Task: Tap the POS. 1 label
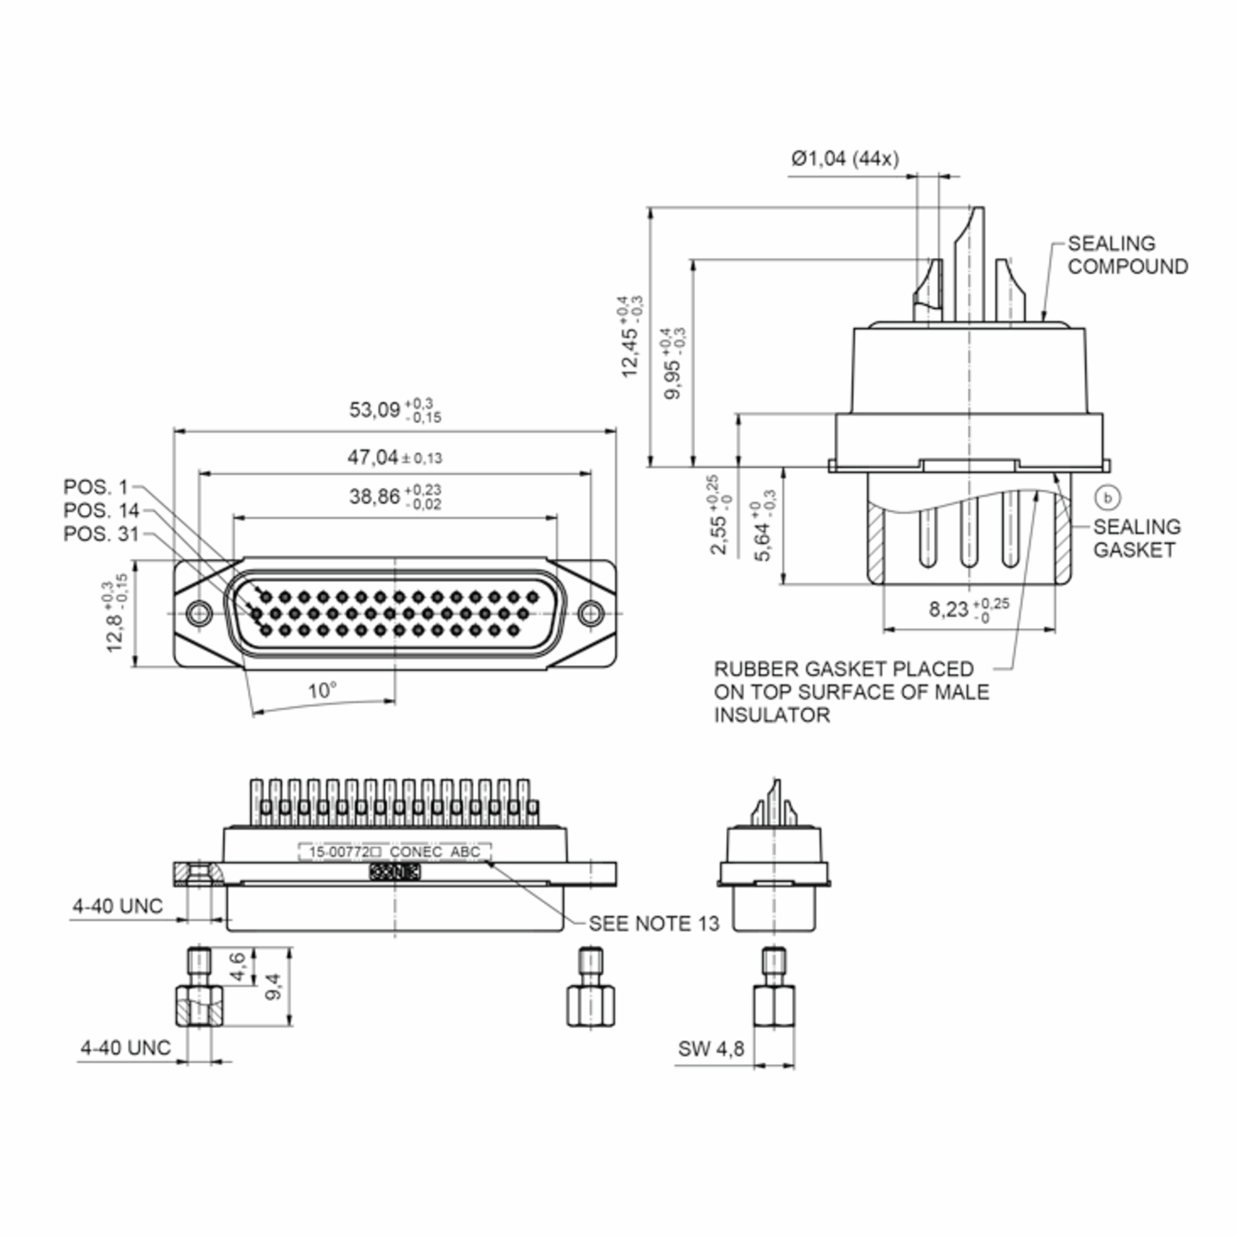coord(96,487)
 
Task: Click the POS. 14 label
coord(101,510)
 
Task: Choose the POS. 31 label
coord(101,533)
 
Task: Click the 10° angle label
coord(322,691)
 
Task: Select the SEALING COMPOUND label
coord(1127,255)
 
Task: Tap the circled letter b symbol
coord(1108,497)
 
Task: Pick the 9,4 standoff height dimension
coord(273,986)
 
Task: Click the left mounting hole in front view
coord(198,613)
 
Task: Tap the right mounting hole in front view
coord(590,613)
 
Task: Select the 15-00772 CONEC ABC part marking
coord(394,851)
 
